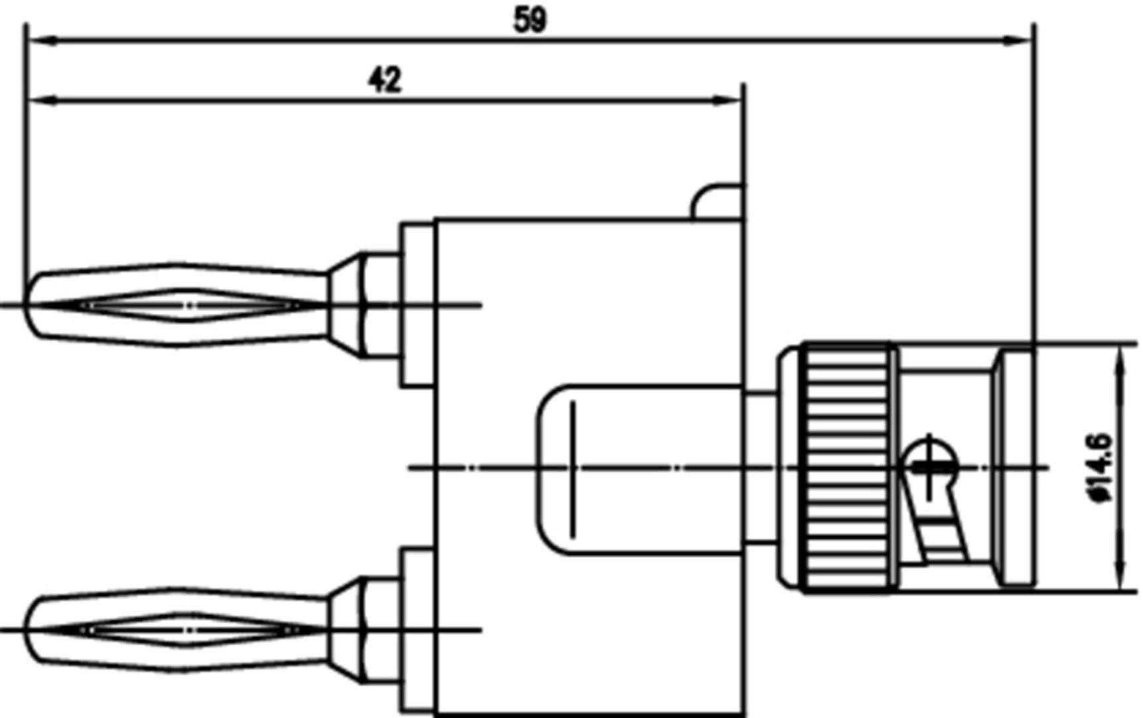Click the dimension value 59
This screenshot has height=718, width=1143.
530,20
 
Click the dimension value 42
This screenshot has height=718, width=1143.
385,80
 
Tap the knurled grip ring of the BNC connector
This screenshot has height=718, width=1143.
847,468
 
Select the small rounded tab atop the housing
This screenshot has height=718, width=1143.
717,202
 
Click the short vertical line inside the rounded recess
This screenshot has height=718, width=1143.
572,468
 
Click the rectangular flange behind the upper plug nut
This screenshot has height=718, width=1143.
417,305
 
